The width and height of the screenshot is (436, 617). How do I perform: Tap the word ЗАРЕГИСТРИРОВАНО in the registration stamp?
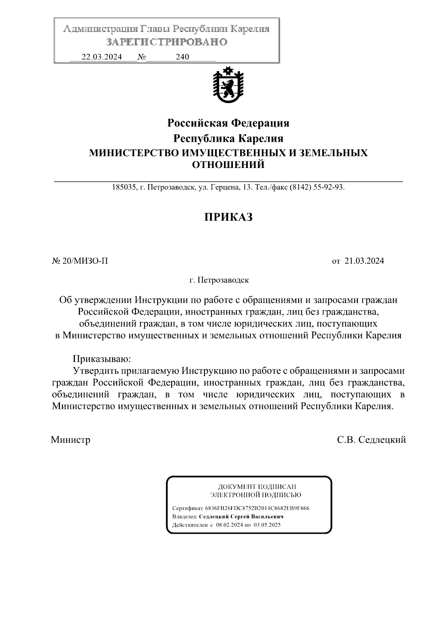167,42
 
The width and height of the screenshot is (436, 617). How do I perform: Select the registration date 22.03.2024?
102,57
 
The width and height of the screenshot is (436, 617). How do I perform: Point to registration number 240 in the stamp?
182,57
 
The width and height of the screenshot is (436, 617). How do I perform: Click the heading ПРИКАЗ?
228,217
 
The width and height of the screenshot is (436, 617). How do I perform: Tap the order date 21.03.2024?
364,261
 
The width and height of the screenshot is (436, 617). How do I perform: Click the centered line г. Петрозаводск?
219,280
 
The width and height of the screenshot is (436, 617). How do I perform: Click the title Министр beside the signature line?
70,440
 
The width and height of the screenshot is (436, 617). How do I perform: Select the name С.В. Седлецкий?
371,440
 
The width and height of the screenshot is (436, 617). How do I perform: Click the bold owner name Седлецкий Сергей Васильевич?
241,516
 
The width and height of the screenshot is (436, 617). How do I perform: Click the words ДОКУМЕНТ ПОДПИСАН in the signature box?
257,486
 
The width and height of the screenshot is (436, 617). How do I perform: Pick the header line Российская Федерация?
228,123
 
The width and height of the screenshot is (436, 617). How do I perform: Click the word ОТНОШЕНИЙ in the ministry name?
228,165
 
